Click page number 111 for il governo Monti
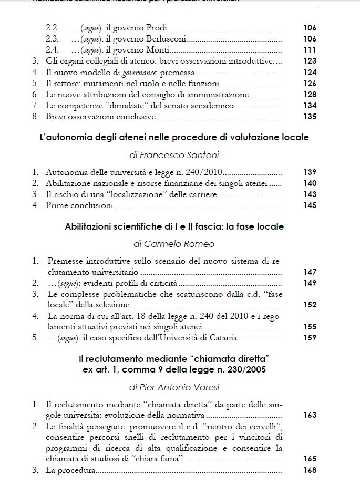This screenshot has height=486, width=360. pos(310,50)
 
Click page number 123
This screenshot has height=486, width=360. pos(310,61)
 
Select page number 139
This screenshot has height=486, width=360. pos(310,172)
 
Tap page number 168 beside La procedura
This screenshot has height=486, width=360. pos(310,470)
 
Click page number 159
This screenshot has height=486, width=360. pos(310,338)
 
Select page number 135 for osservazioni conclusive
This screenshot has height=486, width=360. pos(310,117)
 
